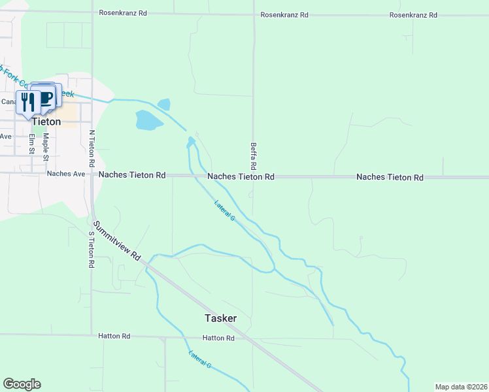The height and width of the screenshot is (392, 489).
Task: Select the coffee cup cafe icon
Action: click(46, 98)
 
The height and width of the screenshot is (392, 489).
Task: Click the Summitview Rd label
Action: click(117, 240)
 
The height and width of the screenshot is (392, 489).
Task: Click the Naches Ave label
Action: click(66, 174)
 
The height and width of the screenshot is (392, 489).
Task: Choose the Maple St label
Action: click(46, 147)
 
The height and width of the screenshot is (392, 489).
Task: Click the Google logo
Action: click(22, 384)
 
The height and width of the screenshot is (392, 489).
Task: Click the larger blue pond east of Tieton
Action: click(148, 120)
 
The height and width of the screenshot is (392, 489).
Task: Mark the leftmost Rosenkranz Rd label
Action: click(120, 12)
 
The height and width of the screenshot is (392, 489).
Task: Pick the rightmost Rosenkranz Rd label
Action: click(413, 15)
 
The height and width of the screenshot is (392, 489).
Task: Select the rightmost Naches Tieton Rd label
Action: click(390, 178)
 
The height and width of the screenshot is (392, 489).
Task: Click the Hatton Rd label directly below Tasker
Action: click(218, 338)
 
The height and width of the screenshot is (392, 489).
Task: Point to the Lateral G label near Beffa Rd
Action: click(224, 210)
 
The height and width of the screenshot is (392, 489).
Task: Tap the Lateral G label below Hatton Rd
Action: click(200, 360)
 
